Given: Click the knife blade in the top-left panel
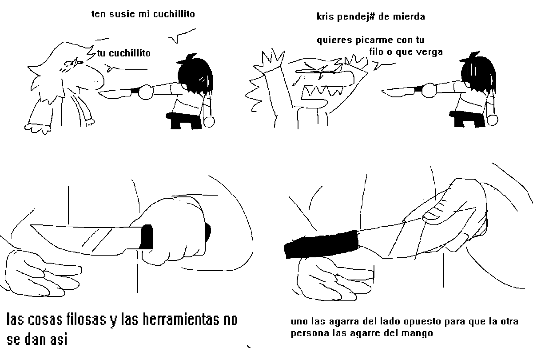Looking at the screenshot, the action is point(115,94).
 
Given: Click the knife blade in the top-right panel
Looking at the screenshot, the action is point(398,92).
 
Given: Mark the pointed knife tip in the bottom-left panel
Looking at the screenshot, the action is point(31,225).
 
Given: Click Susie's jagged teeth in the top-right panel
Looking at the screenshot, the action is point(322,91).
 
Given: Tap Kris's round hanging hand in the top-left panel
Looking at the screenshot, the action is point(209,122).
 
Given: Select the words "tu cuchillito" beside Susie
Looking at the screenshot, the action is point(124,53).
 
